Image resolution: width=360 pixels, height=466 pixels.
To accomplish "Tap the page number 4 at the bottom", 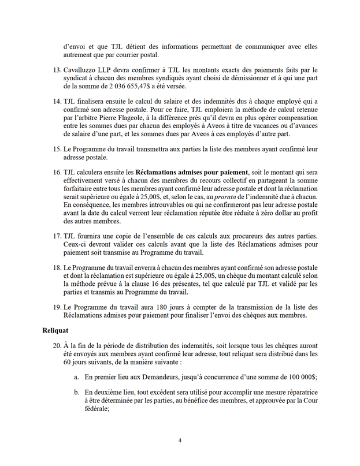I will click(180, 440).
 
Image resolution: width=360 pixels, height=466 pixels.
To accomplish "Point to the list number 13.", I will click(57, 70).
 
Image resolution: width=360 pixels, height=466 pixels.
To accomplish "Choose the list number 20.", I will click(57, 346).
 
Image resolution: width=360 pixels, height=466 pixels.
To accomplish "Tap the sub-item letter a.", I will click(76, 376).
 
